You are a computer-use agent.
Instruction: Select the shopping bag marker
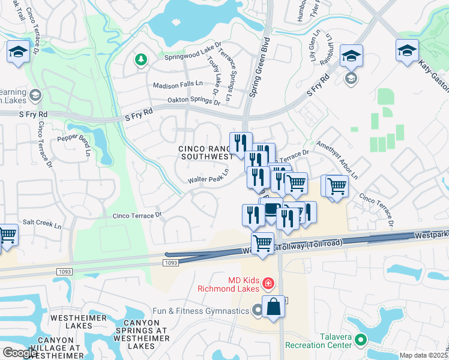click(273, 306)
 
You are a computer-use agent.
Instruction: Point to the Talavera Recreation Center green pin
click(360, 340)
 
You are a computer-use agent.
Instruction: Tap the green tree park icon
click(141, 59)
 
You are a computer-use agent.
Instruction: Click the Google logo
click(20, 352)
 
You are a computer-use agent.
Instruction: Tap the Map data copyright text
click(423, 355)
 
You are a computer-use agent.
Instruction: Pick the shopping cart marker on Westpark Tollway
click(262, 244)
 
